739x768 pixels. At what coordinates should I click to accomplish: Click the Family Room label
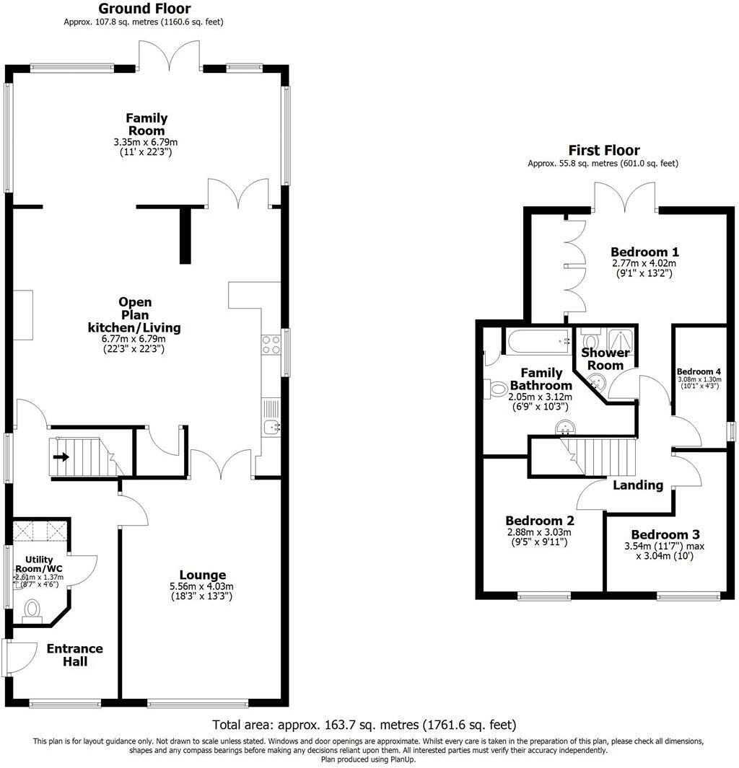[147, 124]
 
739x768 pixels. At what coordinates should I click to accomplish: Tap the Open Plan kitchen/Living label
[134, 315]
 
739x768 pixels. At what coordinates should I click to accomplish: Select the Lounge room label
[203, 575]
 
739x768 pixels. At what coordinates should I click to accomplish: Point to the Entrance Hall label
[75, 654]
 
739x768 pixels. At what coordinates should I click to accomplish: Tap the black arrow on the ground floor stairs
[62, 456]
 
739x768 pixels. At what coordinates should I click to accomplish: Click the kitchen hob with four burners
[271, 345]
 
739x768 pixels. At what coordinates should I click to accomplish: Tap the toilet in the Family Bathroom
[498, 389]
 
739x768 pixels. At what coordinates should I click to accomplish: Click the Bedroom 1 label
[644, 252]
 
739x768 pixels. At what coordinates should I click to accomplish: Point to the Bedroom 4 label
[699, 372]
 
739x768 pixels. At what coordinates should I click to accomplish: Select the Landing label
[637, 485]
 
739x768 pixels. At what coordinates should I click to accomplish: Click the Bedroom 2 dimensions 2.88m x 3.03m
[538, 533]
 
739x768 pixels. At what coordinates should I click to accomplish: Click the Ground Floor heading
[144, 9]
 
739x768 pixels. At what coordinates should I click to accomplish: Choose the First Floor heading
[603, 150]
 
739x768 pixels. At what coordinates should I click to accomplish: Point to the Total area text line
[364, 724]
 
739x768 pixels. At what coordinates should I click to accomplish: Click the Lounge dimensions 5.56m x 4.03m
[202, 587]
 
